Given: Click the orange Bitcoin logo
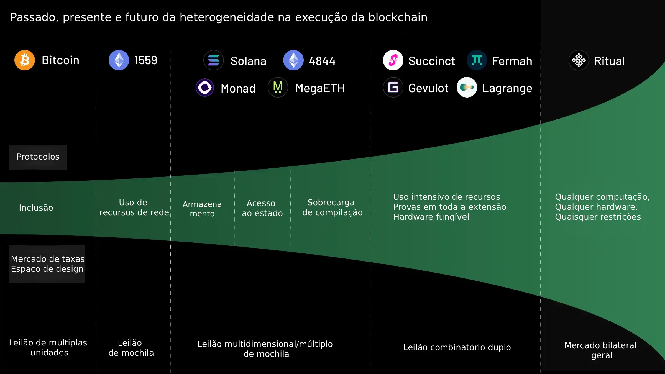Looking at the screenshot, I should (25, 60).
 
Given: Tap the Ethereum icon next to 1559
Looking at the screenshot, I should (119, 60).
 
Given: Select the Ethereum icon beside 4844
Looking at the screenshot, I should (293, 60).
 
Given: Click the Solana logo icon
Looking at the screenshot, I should (214, 60).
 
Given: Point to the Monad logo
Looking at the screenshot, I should (205, 88).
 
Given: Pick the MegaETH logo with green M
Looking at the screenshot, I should (278, 88).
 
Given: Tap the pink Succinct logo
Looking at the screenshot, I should (393, 60).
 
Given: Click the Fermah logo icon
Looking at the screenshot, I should (477, 60).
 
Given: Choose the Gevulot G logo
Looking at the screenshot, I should (393, 88).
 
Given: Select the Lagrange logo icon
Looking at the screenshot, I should (467, 88).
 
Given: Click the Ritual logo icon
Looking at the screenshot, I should (579, 60).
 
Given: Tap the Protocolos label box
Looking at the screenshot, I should (38, 157).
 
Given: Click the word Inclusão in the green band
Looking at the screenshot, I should (36, 208).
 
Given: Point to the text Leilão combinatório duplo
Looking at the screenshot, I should (457, 347).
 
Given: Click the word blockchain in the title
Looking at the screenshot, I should (398, 17).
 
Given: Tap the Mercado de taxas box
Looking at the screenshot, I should (47, 264).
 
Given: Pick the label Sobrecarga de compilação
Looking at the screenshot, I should (332, 208).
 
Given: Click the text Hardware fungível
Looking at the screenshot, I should (431, 217).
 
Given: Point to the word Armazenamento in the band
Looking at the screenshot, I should (202, 209).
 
